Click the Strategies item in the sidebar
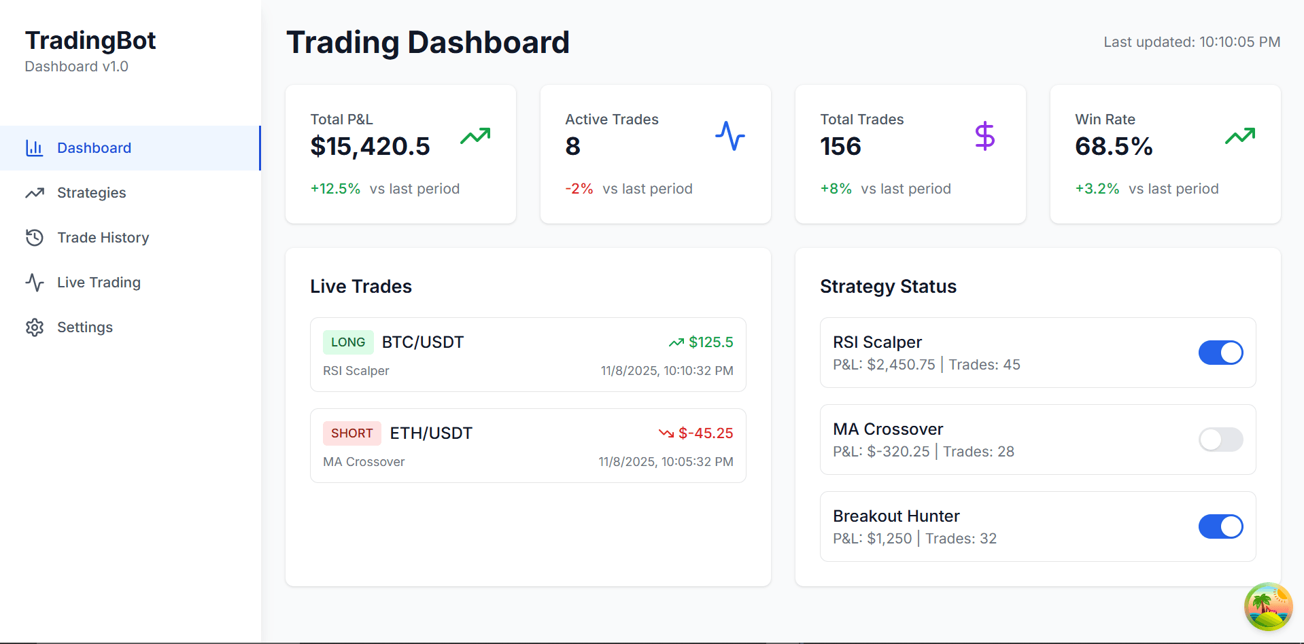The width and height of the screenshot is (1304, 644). [91, 193]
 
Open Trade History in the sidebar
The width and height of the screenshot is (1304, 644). [103, 238]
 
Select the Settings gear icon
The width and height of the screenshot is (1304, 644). [35, 327]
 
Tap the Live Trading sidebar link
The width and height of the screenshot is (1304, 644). [99, 283]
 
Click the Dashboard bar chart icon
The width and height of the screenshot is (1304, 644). [35, 148]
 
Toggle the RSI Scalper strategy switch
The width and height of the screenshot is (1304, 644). [1220, 353]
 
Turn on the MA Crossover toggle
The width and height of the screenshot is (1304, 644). [1220, 440]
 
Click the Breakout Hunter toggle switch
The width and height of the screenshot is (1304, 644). [1220, 526]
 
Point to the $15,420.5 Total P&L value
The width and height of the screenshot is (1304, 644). [370, 147]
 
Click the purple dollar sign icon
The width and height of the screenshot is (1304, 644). [984, 136]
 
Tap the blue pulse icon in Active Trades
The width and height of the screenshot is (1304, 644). [730, 136]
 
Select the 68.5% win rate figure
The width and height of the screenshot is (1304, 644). [1113, 147]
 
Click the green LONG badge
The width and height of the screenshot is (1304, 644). [348, 342]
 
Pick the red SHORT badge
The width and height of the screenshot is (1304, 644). [351, 433]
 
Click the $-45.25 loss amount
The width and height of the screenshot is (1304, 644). [705, 433]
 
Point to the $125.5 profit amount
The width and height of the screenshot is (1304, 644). [710, 342]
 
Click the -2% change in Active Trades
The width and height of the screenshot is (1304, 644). [579, 189]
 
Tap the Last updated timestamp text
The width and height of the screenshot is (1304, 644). [1191, 42]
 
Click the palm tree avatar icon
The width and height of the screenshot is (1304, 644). [1267, 607]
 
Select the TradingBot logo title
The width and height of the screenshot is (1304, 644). [90, 41]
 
